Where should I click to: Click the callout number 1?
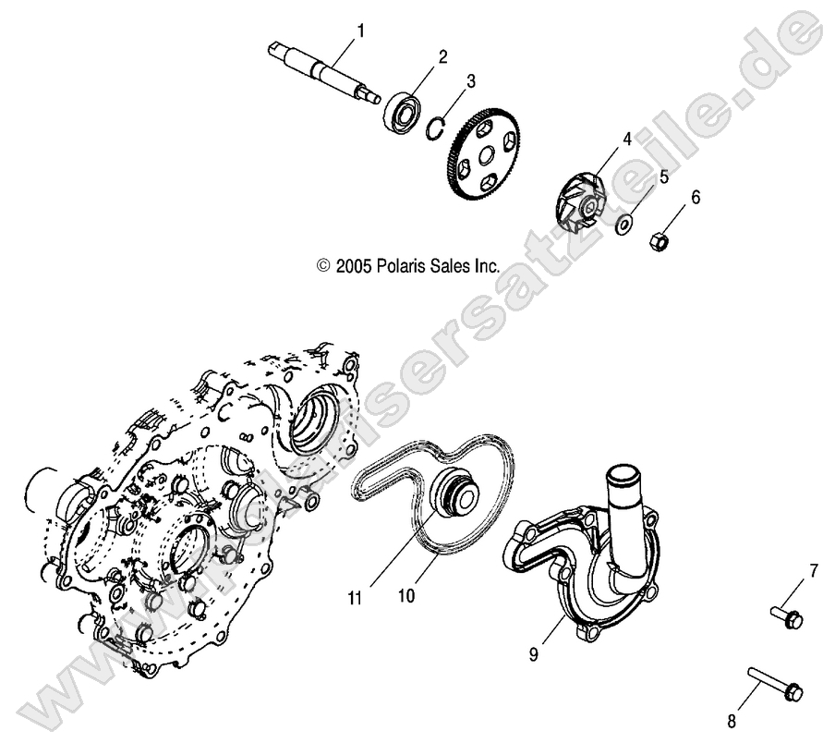(361, 31)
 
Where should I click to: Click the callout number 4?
(626, 140)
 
